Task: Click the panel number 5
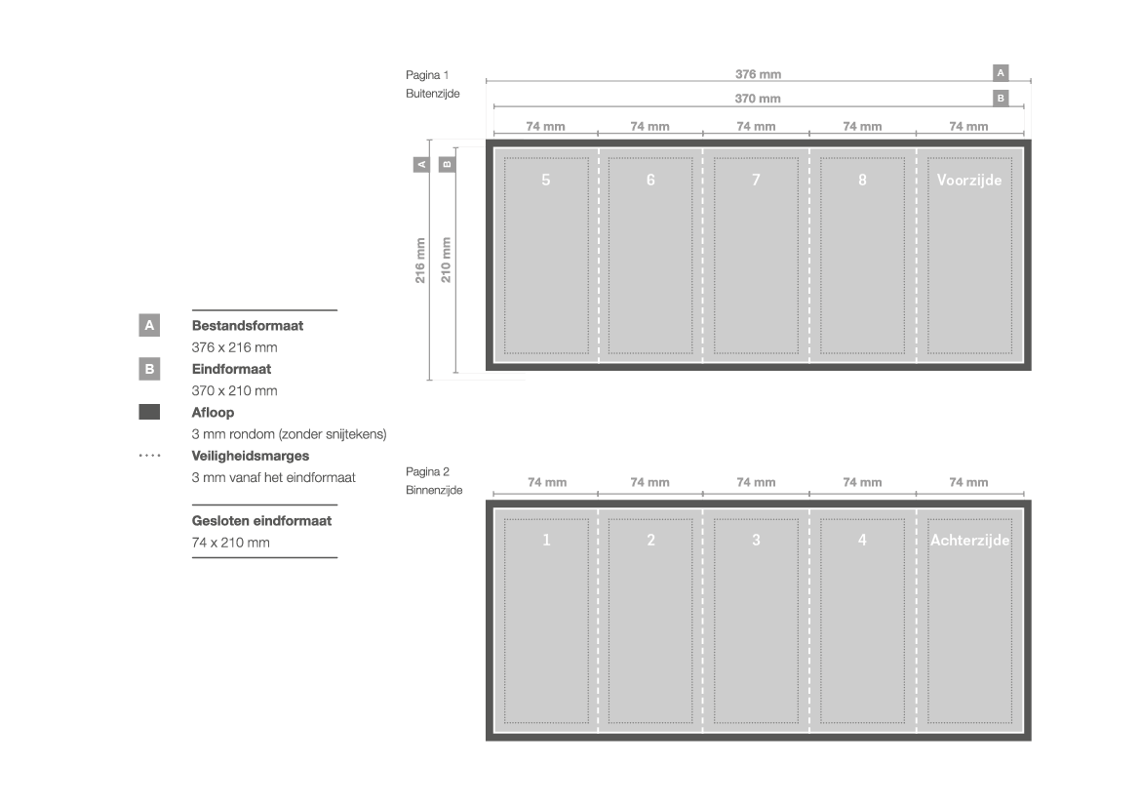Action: (546, 180)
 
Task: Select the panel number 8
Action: (862, 180)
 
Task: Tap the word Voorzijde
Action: (969, 180)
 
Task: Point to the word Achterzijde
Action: (970, 540)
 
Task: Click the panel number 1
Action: (547, 540)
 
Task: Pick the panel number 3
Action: (756, 540)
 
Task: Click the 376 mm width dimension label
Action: (758, 74)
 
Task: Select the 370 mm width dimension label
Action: (758, 99)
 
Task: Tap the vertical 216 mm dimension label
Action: (420, 261)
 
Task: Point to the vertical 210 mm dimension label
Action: (446, 260)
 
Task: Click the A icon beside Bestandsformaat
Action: (149, 325)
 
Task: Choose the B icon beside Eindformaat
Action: (149, 369)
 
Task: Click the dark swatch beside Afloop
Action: (149, 412)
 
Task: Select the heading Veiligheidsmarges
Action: (250, 456)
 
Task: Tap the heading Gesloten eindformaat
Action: (261, 521)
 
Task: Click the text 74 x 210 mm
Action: (230, 543)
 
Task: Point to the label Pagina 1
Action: (427, 75)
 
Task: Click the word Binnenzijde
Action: (434, 490)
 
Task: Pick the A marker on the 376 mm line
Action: (1001, 73)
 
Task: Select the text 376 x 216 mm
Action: (234, 347)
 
